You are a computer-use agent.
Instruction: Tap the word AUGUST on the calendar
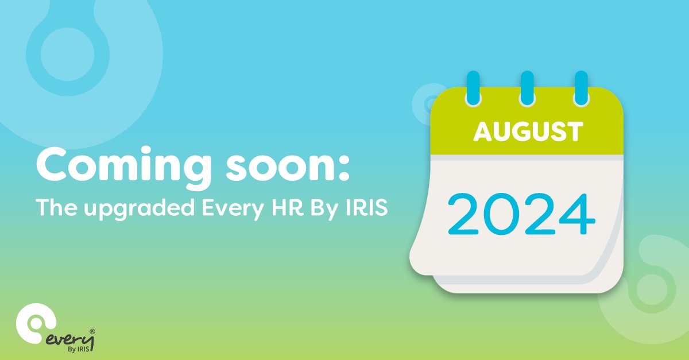[528, 132]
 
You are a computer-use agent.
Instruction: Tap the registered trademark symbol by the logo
[92, 331]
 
